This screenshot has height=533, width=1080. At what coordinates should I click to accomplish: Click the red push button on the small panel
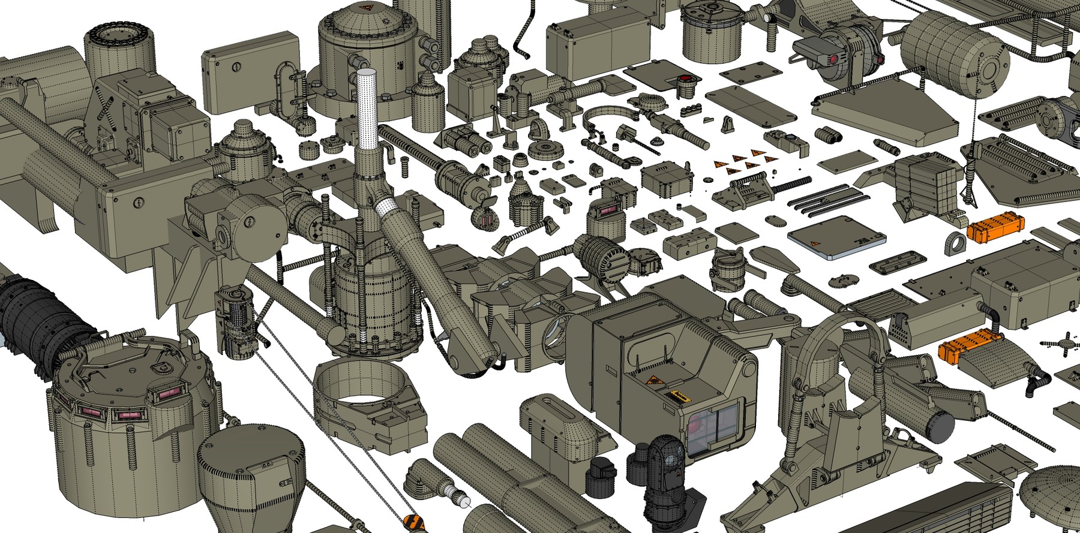685,79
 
